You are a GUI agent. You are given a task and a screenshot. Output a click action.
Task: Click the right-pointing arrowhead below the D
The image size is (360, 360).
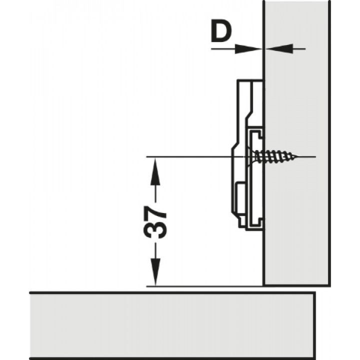tap(248, 49)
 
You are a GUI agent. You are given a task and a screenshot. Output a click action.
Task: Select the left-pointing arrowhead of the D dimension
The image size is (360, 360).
tap(279, 48)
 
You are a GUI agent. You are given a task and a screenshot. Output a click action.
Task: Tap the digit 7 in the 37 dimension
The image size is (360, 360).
tap(155, 213)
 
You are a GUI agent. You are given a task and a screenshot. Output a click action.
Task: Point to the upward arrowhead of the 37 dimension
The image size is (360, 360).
tap(155, 171)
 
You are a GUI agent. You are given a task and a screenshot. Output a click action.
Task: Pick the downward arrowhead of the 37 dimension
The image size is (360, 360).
tap(155, 272)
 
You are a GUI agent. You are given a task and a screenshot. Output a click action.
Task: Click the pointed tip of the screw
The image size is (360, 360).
tap(298, 157)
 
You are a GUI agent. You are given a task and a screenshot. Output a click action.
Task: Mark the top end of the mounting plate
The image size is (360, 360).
tap(250, 81)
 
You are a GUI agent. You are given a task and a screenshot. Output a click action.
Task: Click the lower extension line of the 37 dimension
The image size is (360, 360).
tap(204, 286)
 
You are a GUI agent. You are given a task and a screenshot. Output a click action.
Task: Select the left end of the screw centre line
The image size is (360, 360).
tap(146, 157)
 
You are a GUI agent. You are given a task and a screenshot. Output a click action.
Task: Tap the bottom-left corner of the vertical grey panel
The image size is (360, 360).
tap(264, 286)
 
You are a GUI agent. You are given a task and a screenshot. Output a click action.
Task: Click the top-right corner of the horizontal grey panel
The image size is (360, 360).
tap(315, 293)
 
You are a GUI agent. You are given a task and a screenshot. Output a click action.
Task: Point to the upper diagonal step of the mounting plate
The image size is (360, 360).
tap(249, 115)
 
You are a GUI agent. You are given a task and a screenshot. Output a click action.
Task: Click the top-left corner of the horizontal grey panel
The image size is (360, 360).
tap(30, 293)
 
